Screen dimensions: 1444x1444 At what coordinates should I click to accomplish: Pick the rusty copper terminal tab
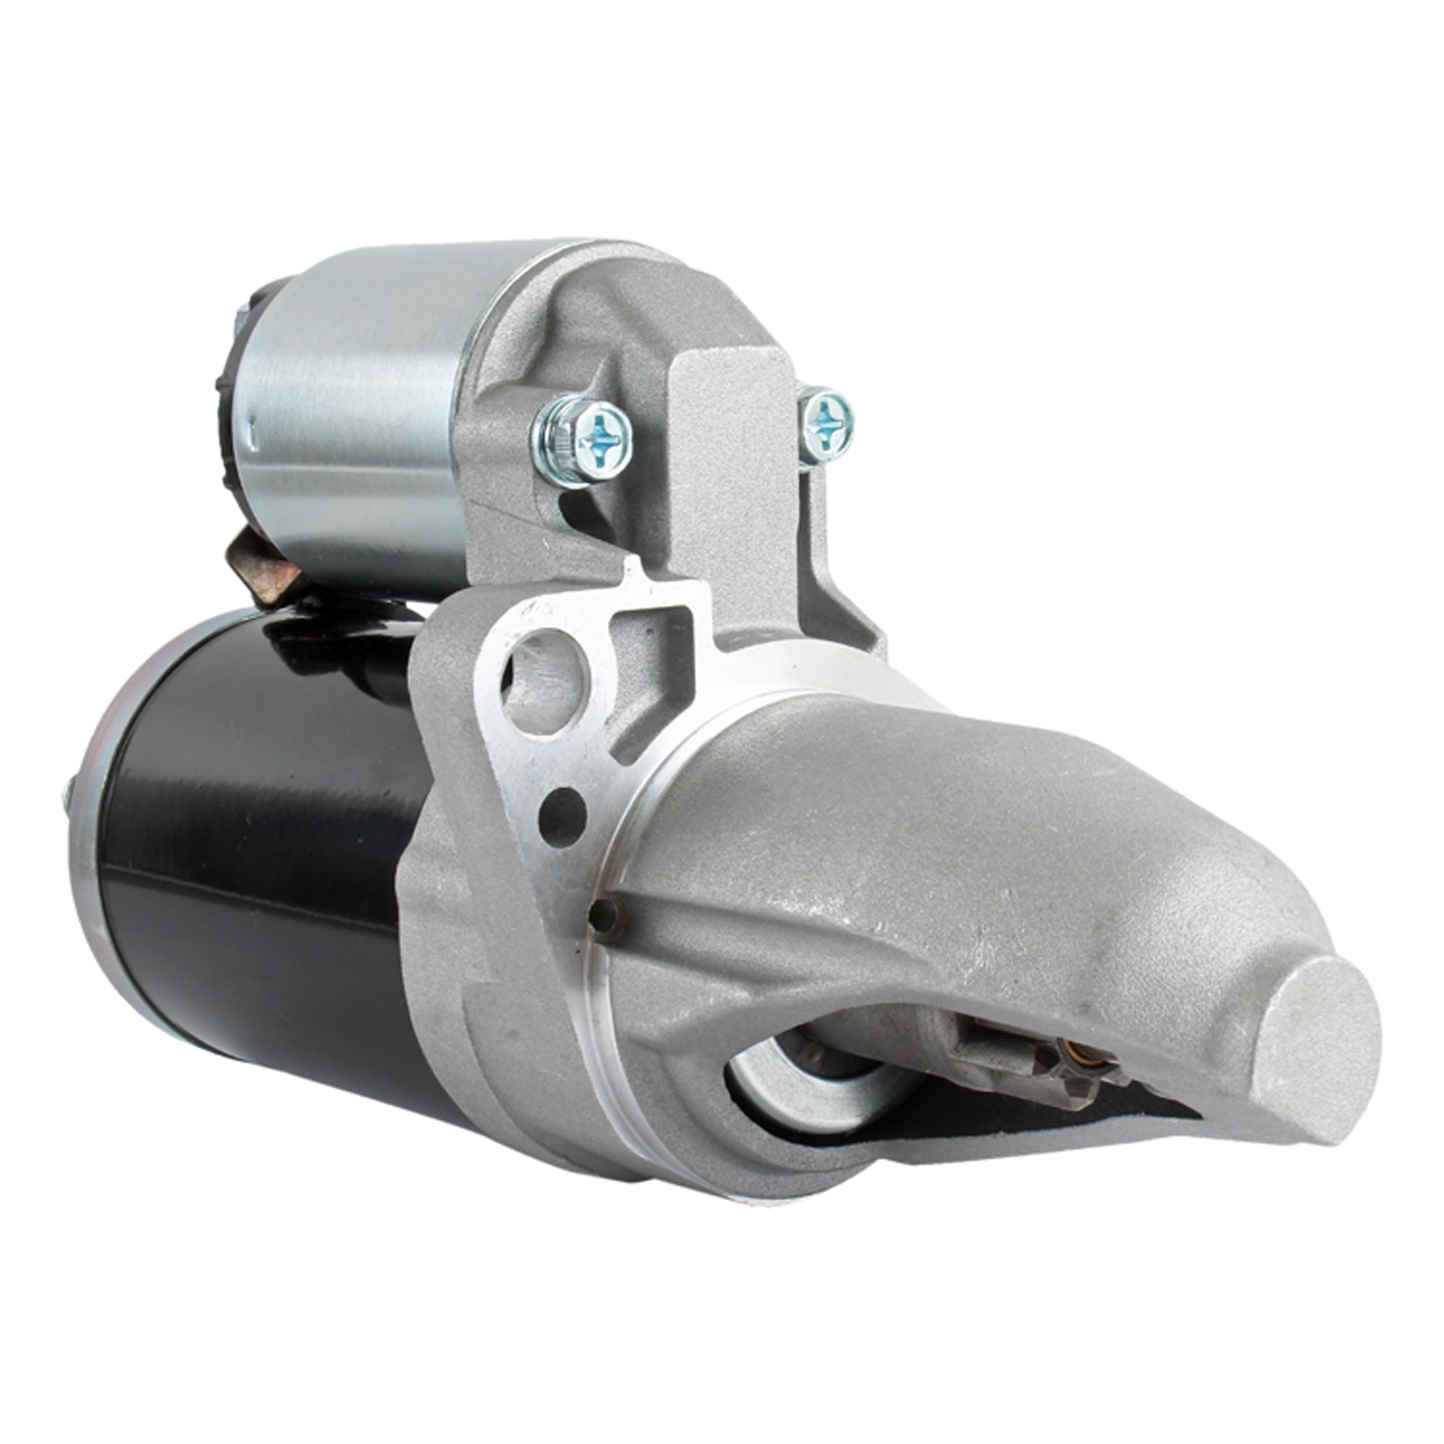click(x=258, y=565)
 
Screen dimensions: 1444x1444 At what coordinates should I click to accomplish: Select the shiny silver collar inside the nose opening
click(x=785, y=1084)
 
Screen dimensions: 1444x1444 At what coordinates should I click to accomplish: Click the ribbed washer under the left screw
click(x=553, y=441)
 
